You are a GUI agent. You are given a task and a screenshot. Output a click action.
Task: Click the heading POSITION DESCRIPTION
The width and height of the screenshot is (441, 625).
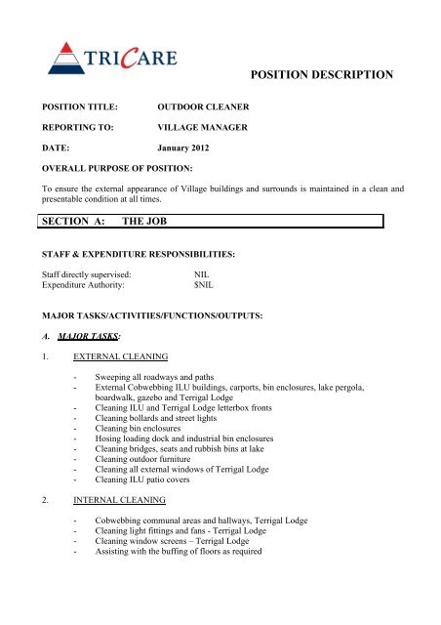tap(321, 74)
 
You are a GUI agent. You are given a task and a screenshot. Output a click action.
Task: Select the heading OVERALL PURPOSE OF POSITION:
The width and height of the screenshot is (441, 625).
tap(122, 167)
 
